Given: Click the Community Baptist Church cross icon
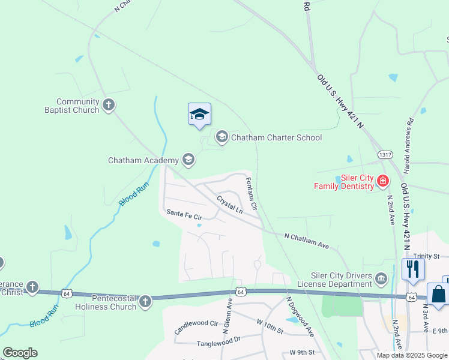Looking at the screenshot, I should point(109,106).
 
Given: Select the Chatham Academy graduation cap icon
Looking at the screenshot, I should point(188,160).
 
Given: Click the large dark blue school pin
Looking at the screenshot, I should point(199,114).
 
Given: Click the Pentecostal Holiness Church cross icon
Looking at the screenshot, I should point(145,302).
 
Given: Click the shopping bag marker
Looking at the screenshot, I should point(438,296).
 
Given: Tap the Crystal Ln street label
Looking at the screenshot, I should point(229,205).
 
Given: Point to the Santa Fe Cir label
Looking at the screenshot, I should point(184,214).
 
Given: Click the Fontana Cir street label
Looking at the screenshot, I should point(250,193).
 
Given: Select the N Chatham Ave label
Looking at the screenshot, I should point(307,241).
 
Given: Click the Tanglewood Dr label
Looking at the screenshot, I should point(218,344).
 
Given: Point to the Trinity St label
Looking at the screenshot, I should point(426,256).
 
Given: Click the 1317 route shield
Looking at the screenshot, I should point(385,155).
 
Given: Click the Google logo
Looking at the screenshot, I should point(20,352).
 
